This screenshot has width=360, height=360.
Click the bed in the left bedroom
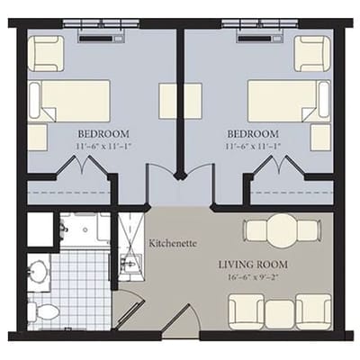pyautogui.click(x=69, y=100)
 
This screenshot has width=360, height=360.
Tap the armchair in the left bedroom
pyautogui.click(x=45, y=53)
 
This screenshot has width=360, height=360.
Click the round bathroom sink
pyautogui.click(x=38, y=269)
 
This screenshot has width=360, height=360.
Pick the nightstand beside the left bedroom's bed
pyautogui.click(x=37, y=137)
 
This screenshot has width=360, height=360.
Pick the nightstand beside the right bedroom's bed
pyautogui.click(x=320, y=137)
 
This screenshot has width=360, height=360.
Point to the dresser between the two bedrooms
pyautogui.click(x=174, y=101)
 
